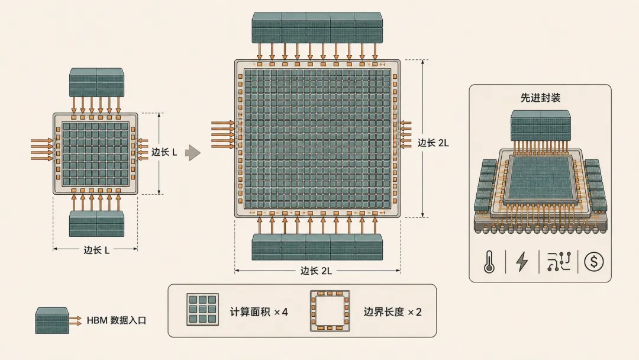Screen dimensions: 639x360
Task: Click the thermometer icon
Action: click(489, 262)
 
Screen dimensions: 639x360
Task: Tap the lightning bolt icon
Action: click(522, 261)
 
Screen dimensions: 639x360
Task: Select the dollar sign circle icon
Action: click(594, 261)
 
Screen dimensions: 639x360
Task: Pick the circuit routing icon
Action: click(559, 261)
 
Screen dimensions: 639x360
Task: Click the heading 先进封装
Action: click(540, 98)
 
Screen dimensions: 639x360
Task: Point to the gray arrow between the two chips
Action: click(193, 153)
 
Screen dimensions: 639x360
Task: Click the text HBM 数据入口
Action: click(116, 320)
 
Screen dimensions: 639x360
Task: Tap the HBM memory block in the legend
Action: click(52, 320)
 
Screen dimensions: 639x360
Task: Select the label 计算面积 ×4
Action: click(259, 312)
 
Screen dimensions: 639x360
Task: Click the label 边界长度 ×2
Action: click(392, 312)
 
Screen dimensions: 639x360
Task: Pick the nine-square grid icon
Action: click(202, 310)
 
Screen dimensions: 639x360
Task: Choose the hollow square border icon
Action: click(330, 311)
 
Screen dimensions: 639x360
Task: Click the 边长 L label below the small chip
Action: click(96, 250)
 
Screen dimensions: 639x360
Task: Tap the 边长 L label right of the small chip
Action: click(164, 152)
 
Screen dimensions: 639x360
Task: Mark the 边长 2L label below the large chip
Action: click(316, 271)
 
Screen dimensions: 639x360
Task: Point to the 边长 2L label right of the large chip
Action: click(433, 143)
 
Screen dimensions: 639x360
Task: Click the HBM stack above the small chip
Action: click(96, 82)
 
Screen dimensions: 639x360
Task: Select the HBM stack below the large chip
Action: click(318, 247)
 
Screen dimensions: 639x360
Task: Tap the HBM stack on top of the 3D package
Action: click(540, 126)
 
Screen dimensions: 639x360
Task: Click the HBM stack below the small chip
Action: click(96, 223)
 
